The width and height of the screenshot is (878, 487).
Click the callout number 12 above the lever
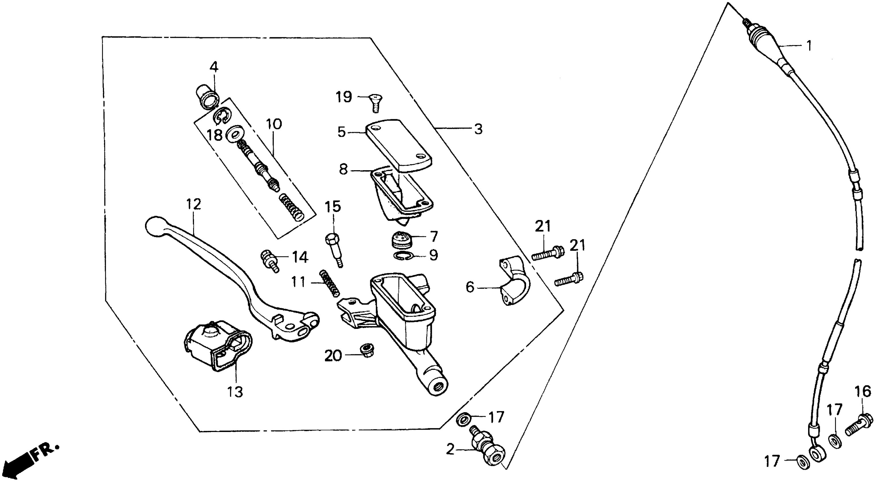[194, 205]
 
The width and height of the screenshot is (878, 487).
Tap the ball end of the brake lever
[154, 226]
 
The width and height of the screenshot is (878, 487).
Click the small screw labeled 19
[375, 103]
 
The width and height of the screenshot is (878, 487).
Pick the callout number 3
[478, 129]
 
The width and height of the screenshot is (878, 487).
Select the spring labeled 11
[329, 283]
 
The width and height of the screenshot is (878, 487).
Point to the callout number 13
[235, 392]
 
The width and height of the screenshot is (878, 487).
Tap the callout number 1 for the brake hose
[808, 46]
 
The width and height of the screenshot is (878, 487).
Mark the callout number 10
[274, 124]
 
